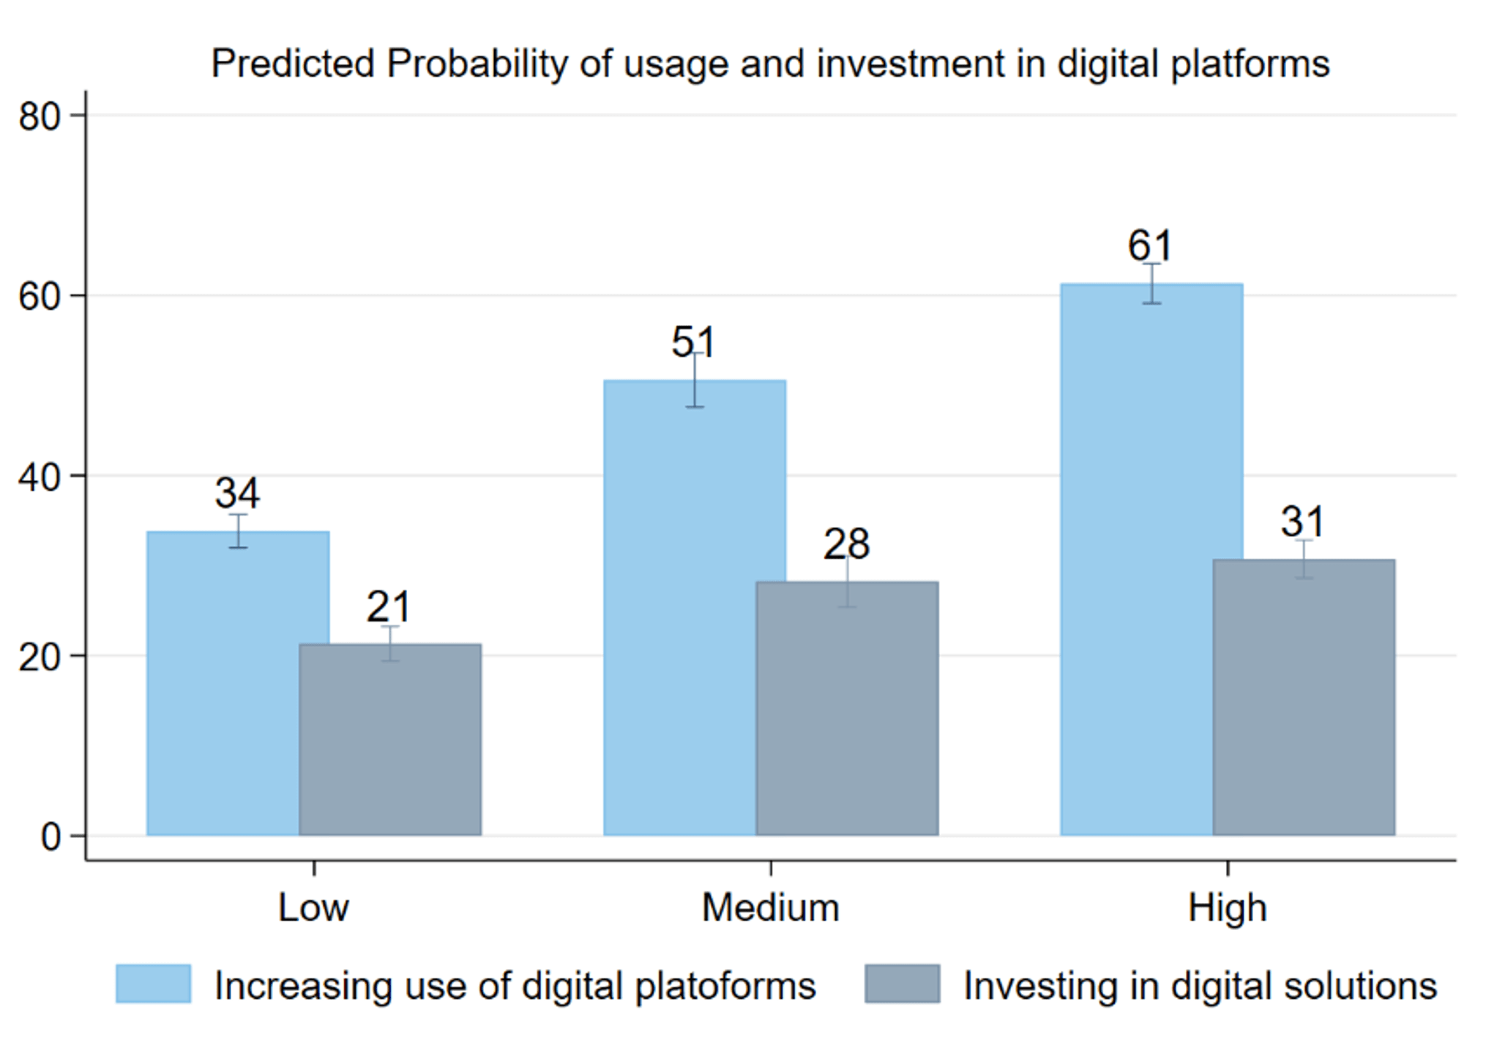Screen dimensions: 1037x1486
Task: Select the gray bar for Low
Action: [x=390, y=740]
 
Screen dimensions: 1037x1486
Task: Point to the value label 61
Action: [x=1150, y=245]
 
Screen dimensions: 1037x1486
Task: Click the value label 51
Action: [x=692, y=342]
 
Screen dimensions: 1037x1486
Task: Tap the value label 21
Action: [x=388, y=606]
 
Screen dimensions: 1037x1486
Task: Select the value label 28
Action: [x=846, y=544]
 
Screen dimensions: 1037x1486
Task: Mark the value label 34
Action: [x=236, y=493]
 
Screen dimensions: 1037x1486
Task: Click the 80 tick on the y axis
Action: [x=40, y=116]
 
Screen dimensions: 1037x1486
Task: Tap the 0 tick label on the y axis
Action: [x=51, y=836]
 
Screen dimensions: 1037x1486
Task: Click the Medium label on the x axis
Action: [x=770, y=908]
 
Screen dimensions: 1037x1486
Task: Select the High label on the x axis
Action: [x=1227, y=908]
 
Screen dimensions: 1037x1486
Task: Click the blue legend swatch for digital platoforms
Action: [x=153, y=984]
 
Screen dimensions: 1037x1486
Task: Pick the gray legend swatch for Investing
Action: [x=902, y=984]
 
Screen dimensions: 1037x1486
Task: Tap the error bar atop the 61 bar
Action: [x=1151, y=283]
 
